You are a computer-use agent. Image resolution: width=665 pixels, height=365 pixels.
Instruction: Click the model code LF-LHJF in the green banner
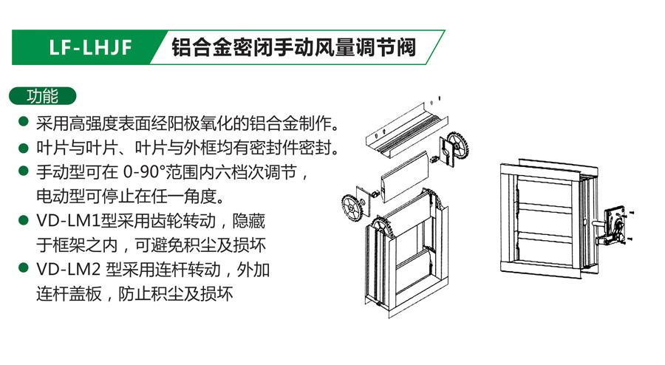[x=90, y=47]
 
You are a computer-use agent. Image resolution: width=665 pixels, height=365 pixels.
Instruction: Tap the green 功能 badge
[x=42, y=96]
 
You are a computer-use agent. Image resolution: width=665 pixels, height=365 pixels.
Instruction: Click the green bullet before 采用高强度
[x=24, y=123]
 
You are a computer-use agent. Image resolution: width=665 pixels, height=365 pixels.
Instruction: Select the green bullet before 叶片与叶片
[x=24, y=148]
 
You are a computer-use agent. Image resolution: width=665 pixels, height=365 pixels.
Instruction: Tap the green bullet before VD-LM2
[x=24, y=268]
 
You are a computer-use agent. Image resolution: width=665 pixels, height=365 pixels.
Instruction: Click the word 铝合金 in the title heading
[x=201, y=47]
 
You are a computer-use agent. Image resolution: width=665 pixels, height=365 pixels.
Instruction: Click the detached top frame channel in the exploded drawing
[x=407, y=130]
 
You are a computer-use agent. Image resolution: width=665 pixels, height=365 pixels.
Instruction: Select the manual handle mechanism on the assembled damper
[x=614, y=226]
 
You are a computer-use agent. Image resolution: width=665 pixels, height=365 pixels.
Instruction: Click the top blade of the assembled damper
[x=544, y=194]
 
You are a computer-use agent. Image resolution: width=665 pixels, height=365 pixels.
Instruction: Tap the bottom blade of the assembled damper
[x=544, y=252]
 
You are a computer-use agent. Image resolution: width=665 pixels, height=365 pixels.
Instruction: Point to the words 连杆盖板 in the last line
[x=69, y=294]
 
